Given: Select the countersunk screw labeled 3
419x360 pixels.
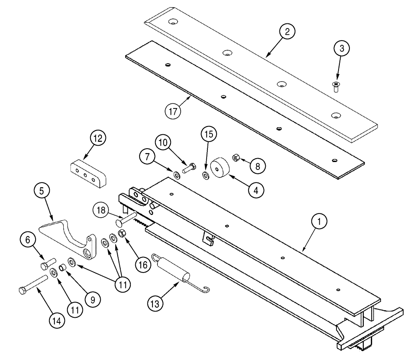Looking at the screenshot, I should coord(335,87).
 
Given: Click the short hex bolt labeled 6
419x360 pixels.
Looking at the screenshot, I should coord(46,264).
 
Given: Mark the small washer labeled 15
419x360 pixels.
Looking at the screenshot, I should coord(205,174).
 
